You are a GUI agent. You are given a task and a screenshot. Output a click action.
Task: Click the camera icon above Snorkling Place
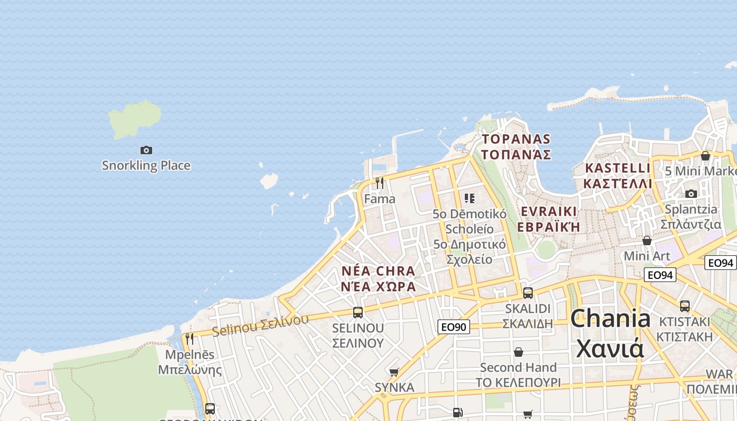point(146,151)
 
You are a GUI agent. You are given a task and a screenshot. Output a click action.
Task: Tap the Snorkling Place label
point(146,166)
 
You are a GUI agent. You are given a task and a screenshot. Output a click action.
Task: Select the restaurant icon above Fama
point(379,183)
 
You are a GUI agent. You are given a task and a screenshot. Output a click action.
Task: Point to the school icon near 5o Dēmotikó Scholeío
point(470,198)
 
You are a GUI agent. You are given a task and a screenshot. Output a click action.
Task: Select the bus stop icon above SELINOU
point(358,313)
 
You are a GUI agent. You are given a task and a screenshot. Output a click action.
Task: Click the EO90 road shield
point(453,327)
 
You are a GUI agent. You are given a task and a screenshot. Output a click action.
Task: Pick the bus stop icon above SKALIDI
point(527,293)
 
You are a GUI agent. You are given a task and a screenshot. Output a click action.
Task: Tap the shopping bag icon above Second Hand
point(519,352)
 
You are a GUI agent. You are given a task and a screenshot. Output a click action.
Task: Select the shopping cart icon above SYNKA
point(394,372)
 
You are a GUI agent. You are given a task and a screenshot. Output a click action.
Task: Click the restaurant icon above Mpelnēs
point(190,338)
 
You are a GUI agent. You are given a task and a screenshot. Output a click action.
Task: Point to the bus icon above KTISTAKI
point(685,306)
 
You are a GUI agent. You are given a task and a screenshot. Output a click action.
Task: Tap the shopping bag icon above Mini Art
point(647,240)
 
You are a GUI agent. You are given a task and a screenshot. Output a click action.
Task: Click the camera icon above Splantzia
point(691,194)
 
